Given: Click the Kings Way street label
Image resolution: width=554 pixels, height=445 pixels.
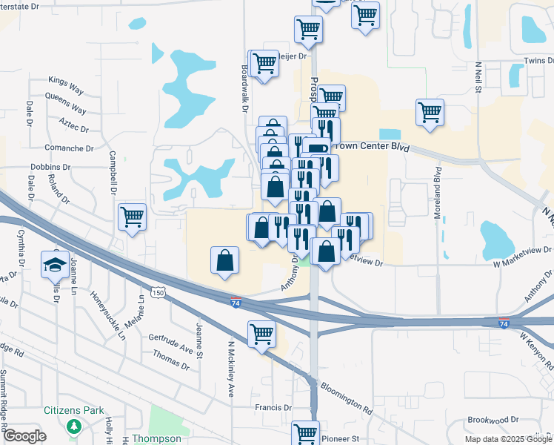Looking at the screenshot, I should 65,80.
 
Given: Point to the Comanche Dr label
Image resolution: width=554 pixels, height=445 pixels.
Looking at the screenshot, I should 70,148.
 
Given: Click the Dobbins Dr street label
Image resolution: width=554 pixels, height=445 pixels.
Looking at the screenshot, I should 51,168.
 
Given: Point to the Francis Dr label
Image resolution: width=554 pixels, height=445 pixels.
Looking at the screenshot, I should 273,407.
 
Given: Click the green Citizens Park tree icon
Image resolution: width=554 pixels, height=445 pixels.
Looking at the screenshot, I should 73,426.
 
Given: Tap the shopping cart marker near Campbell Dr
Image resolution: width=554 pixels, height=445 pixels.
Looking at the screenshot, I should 133,217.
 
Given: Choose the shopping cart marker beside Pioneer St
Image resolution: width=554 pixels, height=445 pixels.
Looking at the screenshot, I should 305,432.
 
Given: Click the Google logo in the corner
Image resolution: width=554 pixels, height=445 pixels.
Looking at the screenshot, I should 24,436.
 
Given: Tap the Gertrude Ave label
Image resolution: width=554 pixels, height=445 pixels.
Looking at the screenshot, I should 170,341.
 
